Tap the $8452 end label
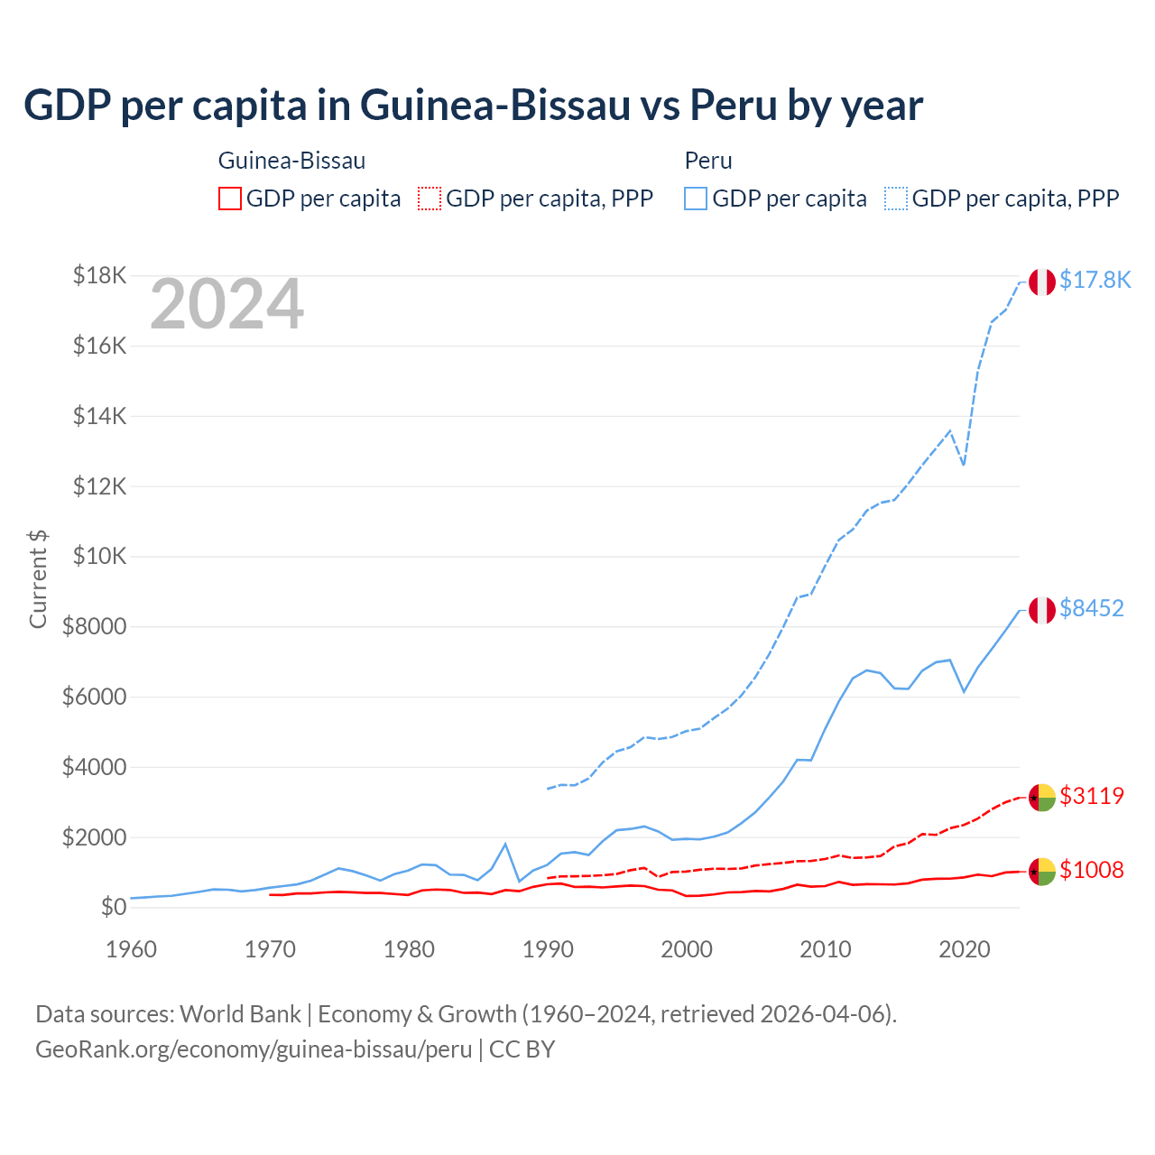pyautogui.click(x=1091, y=608)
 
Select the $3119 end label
pyautogui.click(x=1091, y=796)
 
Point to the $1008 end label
pyautogui.click(x=1091, y=870)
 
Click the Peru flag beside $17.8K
pyautogui.click(x=1042, y=282)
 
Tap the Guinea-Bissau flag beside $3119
pyautogui.click(x=1042, y=798)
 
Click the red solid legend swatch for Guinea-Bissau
pyautogui.click(x=230, y=199)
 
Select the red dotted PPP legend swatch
pyautogui.click(x=430, y=199)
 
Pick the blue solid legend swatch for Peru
pyautogui.click(x=696, y=199)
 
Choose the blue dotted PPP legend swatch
pyautogui.click(x=896, y=199)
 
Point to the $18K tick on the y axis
pyautogui.click(x=99, y=275)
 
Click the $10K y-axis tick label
pyautogui.click(x=99, y=556)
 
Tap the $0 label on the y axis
pyautogui.click(x=113, y=907)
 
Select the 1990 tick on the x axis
pyautogui.click(x=548, y=949)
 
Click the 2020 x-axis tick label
pyautogui.click(x=965, y=949)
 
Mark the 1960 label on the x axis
pyautogui.click(x=132, y=949)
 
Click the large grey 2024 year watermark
pyautogui.click(x=226, y=304)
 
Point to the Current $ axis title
pyautogui.click(x=38, y=578)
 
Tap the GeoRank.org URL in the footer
pyautogui.click(x=254, y=1049)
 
